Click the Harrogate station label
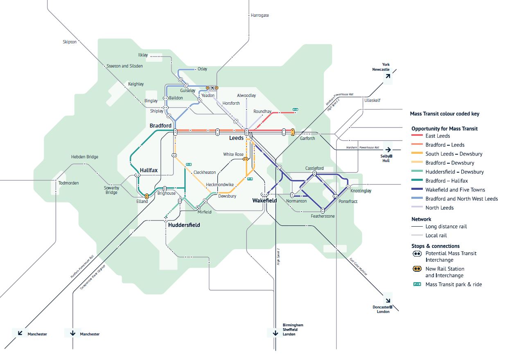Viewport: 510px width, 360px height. pyautogui.click(x=260, y=15)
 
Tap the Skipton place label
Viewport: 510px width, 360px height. pyautogui.click(x=70, y=42)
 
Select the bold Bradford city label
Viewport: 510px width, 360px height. pyautogui.click(x=160, y=126)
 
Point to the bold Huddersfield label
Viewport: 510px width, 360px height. pyautogui.click(x=184, y=225)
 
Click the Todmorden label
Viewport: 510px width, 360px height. pyautogui.click(x=68, y=183)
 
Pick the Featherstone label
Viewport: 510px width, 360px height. pyautogui.click(x=323, y=216)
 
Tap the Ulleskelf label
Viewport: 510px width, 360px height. pyautogui.click(x=372, y=100)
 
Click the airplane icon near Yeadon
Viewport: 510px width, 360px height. pyautogui.click(x=212, y=88)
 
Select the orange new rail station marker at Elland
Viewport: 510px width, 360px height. pyautogui.click(x=147, y=196)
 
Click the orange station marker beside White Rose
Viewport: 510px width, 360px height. pyautogui.click(x=246, y=159)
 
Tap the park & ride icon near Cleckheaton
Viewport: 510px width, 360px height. pyautogui.click(x=189, y=164)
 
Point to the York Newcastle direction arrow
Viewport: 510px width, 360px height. pyautogui.click(x=388, y=76)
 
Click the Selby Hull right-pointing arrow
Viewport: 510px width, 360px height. pyautogui.click(x=388, y=149)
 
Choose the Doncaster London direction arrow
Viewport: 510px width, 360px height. pyautogui.click(x=388, y=300)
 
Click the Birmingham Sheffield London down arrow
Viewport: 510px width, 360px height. pyautogui.click(x=275, y=333)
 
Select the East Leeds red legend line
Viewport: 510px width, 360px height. pyautogui.click(x=417, y=135)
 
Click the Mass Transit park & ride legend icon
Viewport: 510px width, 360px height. pyautogui.click(x=417, y=284)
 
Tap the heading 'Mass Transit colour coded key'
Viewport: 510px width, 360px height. pyautogui.click(x=445, y=114)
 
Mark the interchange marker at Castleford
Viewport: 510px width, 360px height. pyautogui.click(x=314, y=173)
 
